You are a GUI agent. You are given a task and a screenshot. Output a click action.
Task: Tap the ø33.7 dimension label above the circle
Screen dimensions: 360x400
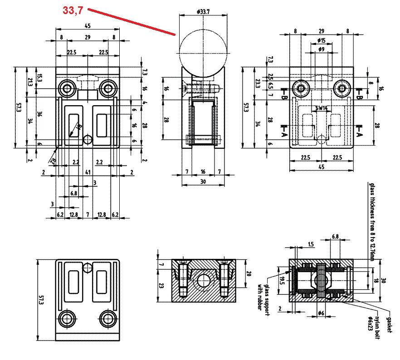203,11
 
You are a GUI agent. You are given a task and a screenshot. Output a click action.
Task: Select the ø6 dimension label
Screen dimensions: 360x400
320,313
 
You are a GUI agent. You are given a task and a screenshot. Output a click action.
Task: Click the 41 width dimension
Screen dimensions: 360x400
88,172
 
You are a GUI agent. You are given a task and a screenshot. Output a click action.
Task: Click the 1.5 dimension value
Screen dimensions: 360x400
310,244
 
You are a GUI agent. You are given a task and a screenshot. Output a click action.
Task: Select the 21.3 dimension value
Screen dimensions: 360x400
30,82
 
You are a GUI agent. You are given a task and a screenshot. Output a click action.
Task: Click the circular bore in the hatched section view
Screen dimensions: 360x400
203,282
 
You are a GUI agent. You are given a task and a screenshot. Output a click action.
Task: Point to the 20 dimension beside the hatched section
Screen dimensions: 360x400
249,273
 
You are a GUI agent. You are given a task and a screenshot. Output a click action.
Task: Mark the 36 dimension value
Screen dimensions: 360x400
39,116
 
